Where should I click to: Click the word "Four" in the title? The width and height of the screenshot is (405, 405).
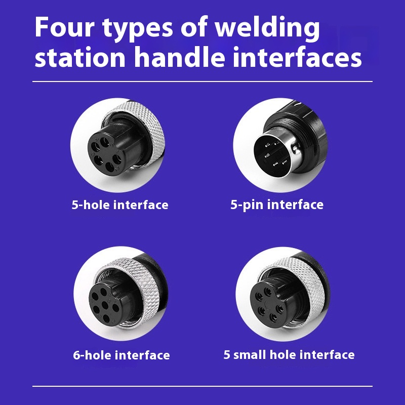point(65,27)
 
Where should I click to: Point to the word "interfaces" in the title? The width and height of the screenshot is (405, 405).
point(297,57)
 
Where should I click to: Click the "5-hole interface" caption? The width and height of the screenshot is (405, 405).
point(120,205)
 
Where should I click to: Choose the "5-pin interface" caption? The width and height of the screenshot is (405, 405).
point(277,205)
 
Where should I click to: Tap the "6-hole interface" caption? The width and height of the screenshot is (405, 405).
point(121,355)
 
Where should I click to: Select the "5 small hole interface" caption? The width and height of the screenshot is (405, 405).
point(289,355)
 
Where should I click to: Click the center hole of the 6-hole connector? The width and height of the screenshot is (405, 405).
point(105,305)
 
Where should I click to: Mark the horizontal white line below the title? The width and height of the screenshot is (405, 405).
point(202,82)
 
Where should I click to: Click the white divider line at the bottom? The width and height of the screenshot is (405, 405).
point(202,386)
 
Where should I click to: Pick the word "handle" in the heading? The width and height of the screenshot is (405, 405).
point(179,57)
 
